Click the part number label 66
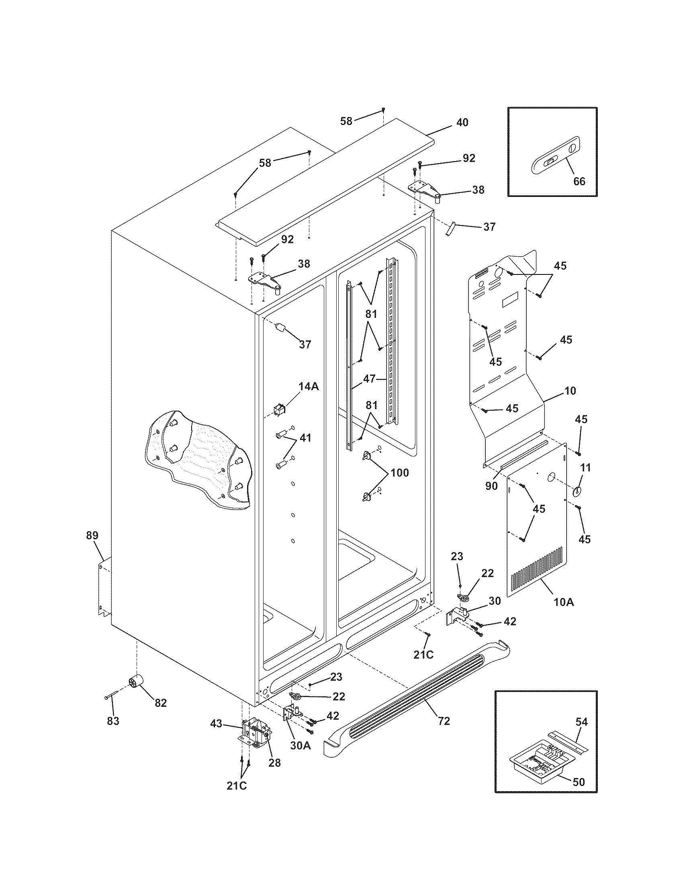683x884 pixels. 579,181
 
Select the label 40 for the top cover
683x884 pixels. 462,122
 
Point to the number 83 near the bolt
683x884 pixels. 113,721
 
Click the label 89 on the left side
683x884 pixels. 92,535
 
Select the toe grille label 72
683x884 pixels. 444,721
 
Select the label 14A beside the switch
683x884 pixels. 309,387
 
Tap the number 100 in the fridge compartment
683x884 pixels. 399,473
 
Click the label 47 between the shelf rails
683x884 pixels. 369,379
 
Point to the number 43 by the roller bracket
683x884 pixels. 216,723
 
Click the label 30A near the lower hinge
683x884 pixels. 300,745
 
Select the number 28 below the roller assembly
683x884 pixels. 274,763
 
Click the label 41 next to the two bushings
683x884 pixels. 305,438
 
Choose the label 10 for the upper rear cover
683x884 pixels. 570,391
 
